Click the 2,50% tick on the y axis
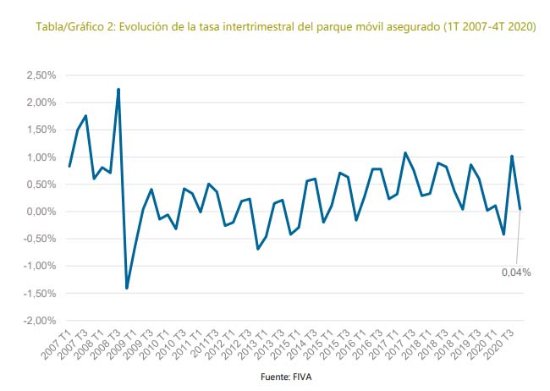click(41, 75)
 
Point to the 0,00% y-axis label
click(41, 212)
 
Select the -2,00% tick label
click(40, 321)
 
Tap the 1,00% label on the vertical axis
click(41, 157)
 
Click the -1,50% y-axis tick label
click(40, 294)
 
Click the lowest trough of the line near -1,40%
click(127, 288)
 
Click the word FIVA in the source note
click(301, 377)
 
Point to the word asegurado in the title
click(407, 27)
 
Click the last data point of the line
click(520, 209)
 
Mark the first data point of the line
click(69, 166)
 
